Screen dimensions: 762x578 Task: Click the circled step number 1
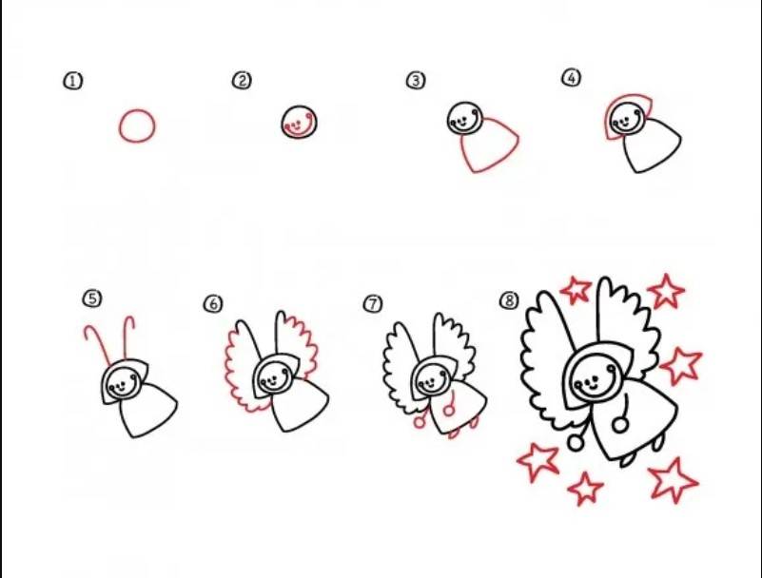tap(73, 81)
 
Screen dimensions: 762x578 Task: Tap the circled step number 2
tap(242, 80)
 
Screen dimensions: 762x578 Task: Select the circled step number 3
tap(416, 80)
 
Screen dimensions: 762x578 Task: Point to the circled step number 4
tap(572, 78)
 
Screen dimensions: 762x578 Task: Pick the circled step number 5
tap(92, 299)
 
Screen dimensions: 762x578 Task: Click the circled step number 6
tap(213, 304)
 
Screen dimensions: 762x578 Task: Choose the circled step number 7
tap(373, 303)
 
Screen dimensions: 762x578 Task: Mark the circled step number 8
tap(509, 300)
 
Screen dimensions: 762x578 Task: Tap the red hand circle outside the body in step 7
tap(419, 422)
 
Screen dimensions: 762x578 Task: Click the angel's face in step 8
tap(594, 376)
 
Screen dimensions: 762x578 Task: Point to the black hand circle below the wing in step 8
tap(576, 442)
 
